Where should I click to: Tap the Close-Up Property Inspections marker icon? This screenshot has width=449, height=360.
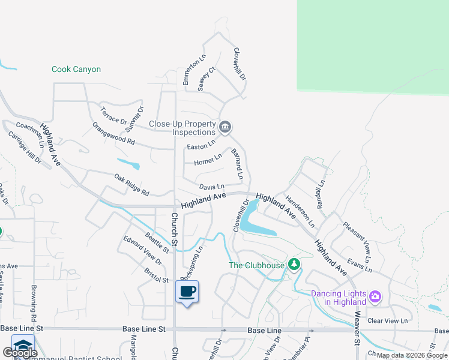point(226,127)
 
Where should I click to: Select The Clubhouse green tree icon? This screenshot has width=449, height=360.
point(294,264)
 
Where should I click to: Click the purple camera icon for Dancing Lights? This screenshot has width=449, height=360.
point(375,296)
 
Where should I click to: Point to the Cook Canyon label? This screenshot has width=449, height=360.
point(76,70)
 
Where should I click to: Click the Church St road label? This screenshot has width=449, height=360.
point(175,229)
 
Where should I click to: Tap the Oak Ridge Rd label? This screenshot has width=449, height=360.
point(131,185)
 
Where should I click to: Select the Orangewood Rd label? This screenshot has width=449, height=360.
point(113,133)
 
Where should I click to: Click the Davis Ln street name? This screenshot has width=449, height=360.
point(211,187)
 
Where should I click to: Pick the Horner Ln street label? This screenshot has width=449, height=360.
point(208,160)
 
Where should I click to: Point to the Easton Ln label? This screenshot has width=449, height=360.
point(200,146)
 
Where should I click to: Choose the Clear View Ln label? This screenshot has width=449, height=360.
point(387,321)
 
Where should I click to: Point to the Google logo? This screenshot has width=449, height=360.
point(20,353)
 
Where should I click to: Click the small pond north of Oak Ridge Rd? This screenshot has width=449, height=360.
point(129,163)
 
